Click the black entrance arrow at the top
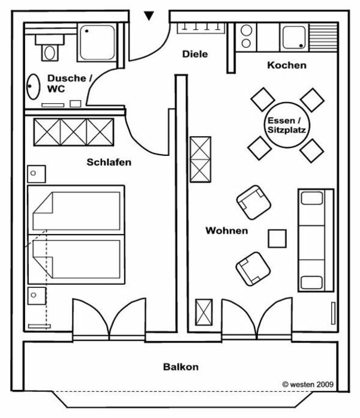click(x=149, y=16)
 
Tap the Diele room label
click(x=195, y=54)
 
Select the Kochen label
click(x=287, y=65)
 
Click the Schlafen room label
click(x=109, y=162)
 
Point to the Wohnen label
click(x=226, y=230)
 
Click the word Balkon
click(x=181, y=366)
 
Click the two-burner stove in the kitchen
click(x=245, y=37)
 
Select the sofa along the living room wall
click(x=316, y=240)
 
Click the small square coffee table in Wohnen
click(x=277, y=238)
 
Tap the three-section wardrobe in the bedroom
click(x=73, y=132)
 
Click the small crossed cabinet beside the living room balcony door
click(x=204, y=312)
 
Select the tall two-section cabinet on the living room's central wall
click(x=200, y=159)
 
